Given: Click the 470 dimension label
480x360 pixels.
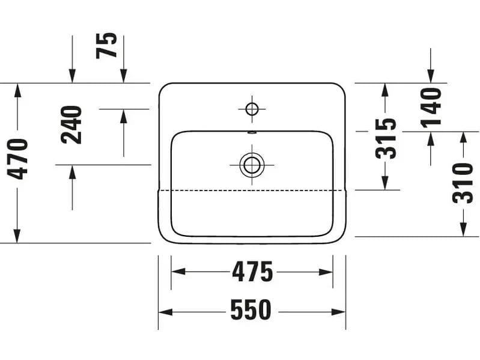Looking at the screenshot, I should (18, 159).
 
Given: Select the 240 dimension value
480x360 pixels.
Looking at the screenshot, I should (71, 124).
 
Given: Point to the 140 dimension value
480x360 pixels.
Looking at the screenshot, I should (431, 107).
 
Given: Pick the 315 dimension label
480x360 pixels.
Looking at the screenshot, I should (386, 138).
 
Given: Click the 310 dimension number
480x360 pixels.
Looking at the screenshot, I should (463, 183).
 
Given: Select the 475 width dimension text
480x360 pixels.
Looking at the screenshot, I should (252, 272).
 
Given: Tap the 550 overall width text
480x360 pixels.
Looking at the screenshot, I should (251, 311).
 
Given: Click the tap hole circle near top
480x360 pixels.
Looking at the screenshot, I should (252, 109).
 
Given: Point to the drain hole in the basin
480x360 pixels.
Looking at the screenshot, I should (251, 164).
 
